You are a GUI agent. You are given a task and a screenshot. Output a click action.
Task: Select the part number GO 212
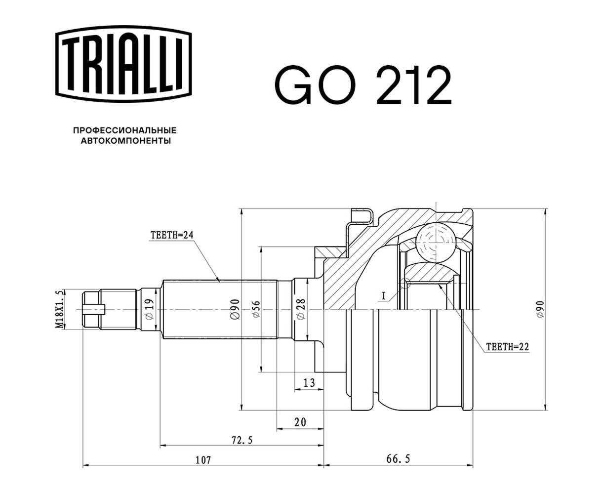[x=363, y=84]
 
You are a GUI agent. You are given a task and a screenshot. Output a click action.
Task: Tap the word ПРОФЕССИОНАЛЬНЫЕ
[x=125, y=131]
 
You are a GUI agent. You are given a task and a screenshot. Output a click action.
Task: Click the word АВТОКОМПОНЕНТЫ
[x=126, y=141]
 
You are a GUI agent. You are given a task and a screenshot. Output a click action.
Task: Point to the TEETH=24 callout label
[x=172, y=235]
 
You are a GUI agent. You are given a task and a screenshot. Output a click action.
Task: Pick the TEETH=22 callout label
[x=508, y=347]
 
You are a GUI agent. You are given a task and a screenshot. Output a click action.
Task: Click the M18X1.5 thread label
[x=59, y=309]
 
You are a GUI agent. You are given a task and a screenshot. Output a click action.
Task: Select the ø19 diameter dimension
[x=150, y=309]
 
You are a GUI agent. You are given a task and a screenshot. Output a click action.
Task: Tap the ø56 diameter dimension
[x=256, y=309]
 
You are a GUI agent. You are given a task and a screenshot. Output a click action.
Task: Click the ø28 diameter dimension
[x=301, y=309]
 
